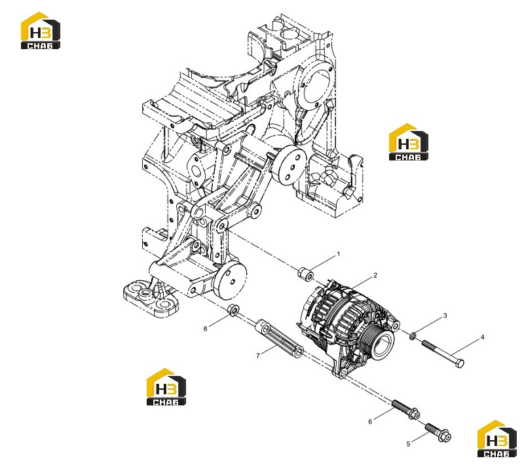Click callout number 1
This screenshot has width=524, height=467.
pyautogui.click(x=338, y=254)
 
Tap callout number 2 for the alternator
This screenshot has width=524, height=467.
pyautogui.click(x=375, y=276)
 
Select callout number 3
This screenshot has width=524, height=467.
pyautogui.click(x=445, y=316)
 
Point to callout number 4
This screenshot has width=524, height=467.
pyautogui.click(x=482, y=337)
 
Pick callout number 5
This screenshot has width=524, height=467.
pyautogui.click(x=408, y=444)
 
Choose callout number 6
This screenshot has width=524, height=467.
pyautogui.click(x=370, y=422)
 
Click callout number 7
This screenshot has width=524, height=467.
pyautogui.click(x=257, y=356)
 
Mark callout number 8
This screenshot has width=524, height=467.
pyautogui.click(x=205, y=329)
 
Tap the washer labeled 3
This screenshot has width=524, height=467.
pyautogui.click(x=413, y=335)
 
